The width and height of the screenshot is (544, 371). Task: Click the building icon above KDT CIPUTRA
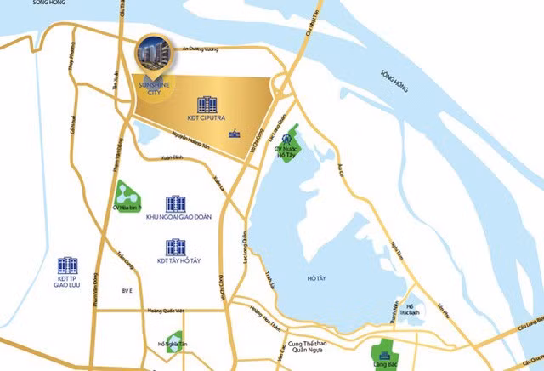point(206,105)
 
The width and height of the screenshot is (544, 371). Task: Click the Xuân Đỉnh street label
point(173,158)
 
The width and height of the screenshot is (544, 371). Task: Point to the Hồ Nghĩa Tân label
point(173,345)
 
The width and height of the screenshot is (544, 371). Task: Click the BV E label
point(127,291)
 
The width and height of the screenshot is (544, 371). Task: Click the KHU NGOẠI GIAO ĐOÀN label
point(178,218)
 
